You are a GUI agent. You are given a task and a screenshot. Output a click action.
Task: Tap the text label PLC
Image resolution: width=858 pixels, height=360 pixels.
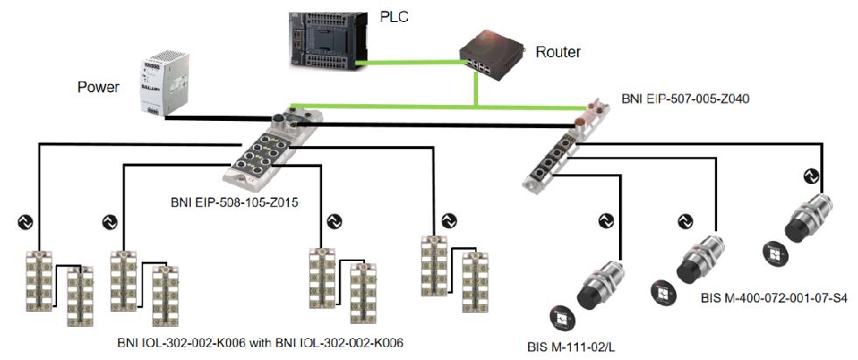coord(394,15)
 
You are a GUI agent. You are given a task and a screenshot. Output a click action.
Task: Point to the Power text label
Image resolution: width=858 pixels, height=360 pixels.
coord(97,87)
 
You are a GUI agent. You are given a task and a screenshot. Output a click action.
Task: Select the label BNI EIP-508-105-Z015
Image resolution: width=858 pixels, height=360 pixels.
coord(234,203)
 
